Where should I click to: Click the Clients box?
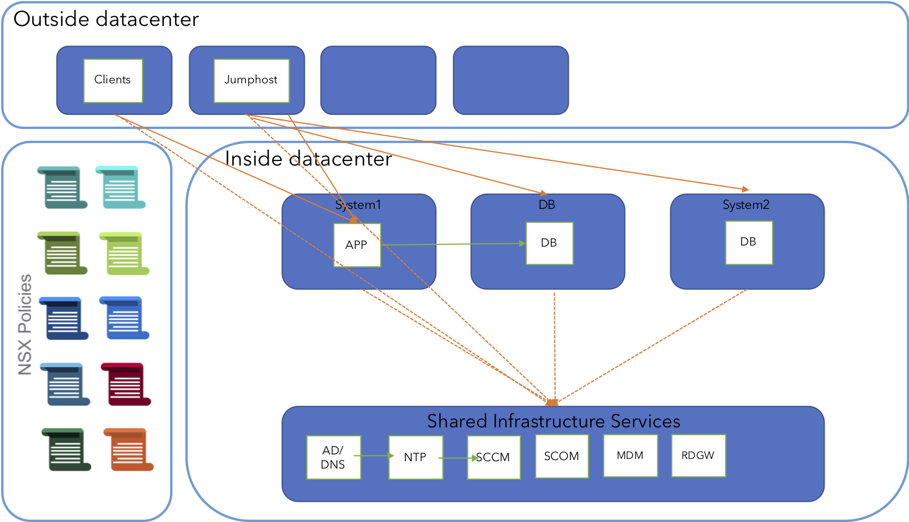113,81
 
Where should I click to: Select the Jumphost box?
251,81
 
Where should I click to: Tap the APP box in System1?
357,245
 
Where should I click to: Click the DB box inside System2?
748,242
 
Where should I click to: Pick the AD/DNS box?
333,457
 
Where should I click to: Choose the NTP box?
416,457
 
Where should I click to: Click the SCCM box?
494,457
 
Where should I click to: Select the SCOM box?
562,456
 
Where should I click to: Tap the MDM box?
630,456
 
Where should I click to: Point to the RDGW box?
698,456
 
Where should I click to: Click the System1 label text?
358,205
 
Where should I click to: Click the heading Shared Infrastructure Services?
553,421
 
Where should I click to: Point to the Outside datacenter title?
106,19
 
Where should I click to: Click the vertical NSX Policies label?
25,324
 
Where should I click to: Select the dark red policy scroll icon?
126,384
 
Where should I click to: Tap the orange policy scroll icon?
128,449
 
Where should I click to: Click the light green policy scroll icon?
124,253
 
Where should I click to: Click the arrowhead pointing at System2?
746,189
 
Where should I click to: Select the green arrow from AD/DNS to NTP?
375,456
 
